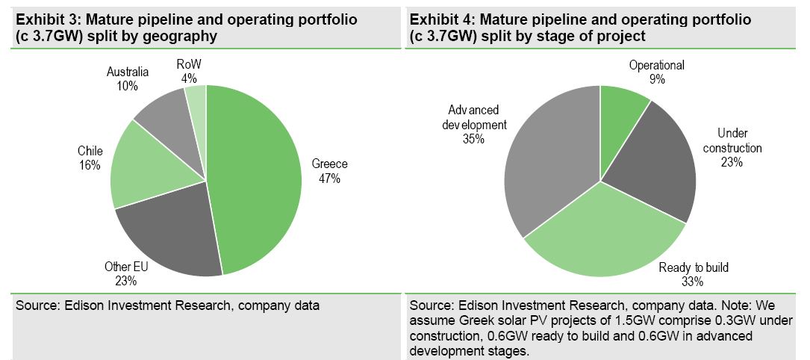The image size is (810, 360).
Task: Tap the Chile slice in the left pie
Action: point(142,161)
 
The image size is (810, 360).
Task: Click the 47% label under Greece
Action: point(329,179)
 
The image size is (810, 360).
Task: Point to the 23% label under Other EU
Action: point(126,282)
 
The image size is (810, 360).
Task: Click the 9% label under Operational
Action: point(657,78)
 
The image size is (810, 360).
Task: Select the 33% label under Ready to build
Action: point(694,282)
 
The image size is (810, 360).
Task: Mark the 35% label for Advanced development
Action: point(473,139)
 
